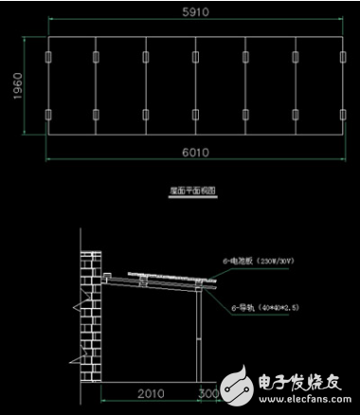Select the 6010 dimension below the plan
pyautogui.click(x=195, y=151)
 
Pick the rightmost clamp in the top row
pyautogui.click(x=344, y=58)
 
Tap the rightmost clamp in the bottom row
pyautogui.click(x=344, y=116)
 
